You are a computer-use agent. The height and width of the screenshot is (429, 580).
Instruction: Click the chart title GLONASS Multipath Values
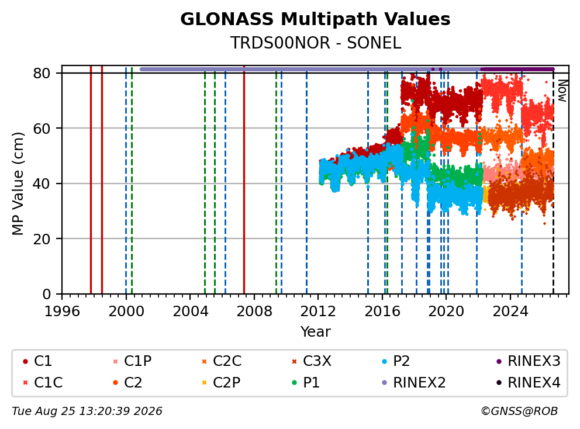(x=315, y=19)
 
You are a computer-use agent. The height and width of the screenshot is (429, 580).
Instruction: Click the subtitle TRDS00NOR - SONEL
(x=315, y=43)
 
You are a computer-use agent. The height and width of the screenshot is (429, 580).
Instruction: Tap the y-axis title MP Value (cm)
(x=18, y=184)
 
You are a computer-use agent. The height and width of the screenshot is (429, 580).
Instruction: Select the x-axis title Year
(x=315, y=331)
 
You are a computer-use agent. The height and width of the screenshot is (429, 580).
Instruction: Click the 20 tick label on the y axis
(x=42, y=239)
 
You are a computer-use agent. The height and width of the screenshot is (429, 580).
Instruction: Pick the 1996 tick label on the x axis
(x=62, y=312)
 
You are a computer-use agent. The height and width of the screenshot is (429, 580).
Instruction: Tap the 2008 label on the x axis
(x=254, y=312)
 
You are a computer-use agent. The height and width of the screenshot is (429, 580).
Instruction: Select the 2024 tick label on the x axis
(x=510, y=312)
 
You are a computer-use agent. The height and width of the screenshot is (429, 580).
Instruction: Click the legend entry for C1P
(x=132, y=361)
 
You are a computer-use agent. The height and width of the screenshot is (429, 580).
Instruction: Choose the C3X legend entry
(x=312, y=361)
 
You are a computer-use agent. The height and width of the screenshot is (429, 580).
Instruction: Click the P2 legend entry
(x=396, y=361)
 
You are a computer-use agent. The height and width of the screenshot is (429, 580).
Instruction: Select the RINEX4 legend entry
(x=528, y=382)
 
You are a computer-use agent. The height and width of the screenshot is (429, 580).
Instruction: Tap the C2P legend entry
(x=221, y=382)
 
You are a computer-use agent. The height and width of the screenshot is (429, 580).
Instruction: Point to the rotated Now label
(x=562, y=91)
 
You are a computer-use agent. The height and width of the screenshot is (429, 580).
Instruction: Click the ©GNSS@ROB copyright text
(x=519, y=411)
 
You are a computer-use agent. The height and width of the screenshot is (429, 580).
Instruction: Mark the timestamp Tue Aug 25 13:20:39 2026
(x=87, y=411)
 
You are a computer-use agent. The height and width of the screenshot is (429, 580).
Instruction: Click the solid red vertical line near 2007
(x=244, y=180)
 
